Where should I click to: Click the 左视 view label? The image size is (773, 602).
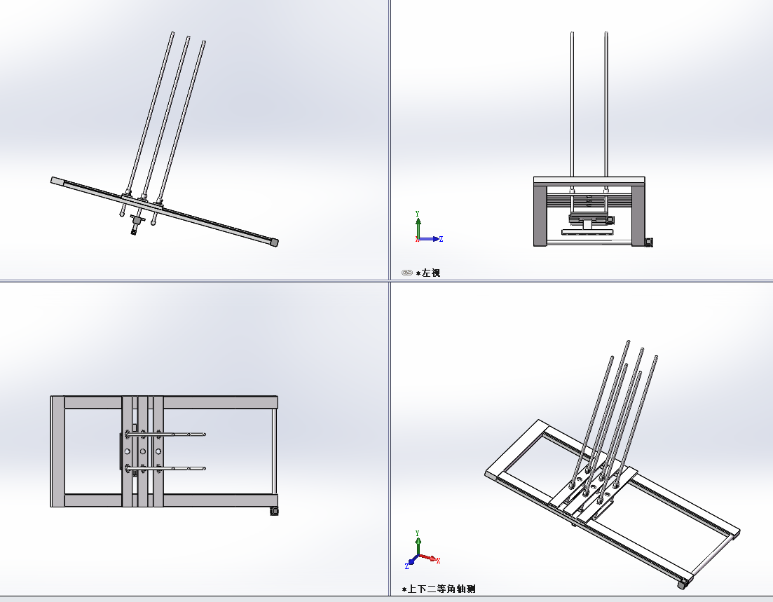tap(431, 273)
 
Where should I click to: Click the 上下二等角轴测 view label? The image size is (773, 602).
tap(442, 589)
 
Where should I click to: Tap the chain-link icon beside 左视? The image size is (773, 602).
tap(406, 273)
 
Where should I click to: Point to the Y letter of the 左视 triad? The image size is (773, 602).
tap(418, 214)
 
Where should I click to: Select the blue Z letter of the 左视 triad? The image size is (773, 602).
tap(441, 239)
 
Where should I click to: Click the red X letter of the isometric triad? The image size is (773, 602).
tap(438, 560)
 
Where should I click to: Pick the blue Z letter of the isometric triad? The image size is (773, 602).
tap(406, 566)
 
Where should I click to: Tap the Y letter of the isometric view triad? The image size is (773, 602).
tap(418, 533)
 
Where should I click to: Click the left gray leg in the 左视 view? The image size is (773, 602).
tap(540, 215)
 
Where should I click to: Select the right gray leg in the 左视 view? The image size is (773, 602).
tap(638, 215)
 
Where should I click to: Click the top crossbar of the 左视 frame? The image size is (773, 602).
tap(589, 180)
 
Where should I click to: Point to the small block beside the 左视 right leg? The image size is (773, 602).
tap(649, 242)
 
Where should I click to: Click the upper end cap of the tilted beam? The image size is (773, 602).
tap(57, 181)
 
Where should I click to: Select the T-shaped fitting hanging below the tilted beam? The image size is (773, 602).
tap(136, 223)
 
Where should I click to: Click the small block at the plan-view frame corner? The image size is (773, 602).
tap(275, 512)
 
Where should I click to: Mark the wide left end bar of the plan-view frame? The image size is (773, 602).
tap(57, 451)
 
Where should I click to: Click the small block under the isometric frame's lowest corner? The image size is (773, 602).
tap(683, 584)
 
